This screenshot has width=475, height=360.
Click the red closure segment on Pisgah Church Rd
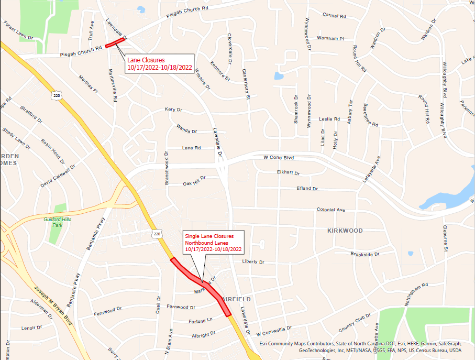115,42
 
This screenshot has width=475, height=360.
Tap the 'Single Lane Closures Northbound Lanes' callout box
213,243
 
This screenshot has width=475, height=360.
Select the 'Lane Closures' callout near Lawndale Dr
160,63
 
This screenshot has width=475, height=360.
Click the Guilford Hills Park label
57,222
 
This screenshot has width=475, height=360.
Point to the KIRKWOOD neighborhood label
345,231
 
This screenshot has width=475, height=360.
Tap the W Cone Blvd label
279,157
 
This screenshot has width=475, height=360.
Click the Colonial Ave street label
331,210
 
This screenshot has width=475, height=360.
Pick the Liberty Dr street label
254,261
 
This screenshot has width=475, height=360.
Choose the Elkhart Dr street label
288,172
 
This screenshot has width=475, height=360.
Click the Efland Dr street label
307,188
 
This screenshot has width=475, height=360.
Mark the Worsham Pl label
330,39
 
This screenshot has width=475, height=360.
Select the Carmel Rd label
335,16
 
